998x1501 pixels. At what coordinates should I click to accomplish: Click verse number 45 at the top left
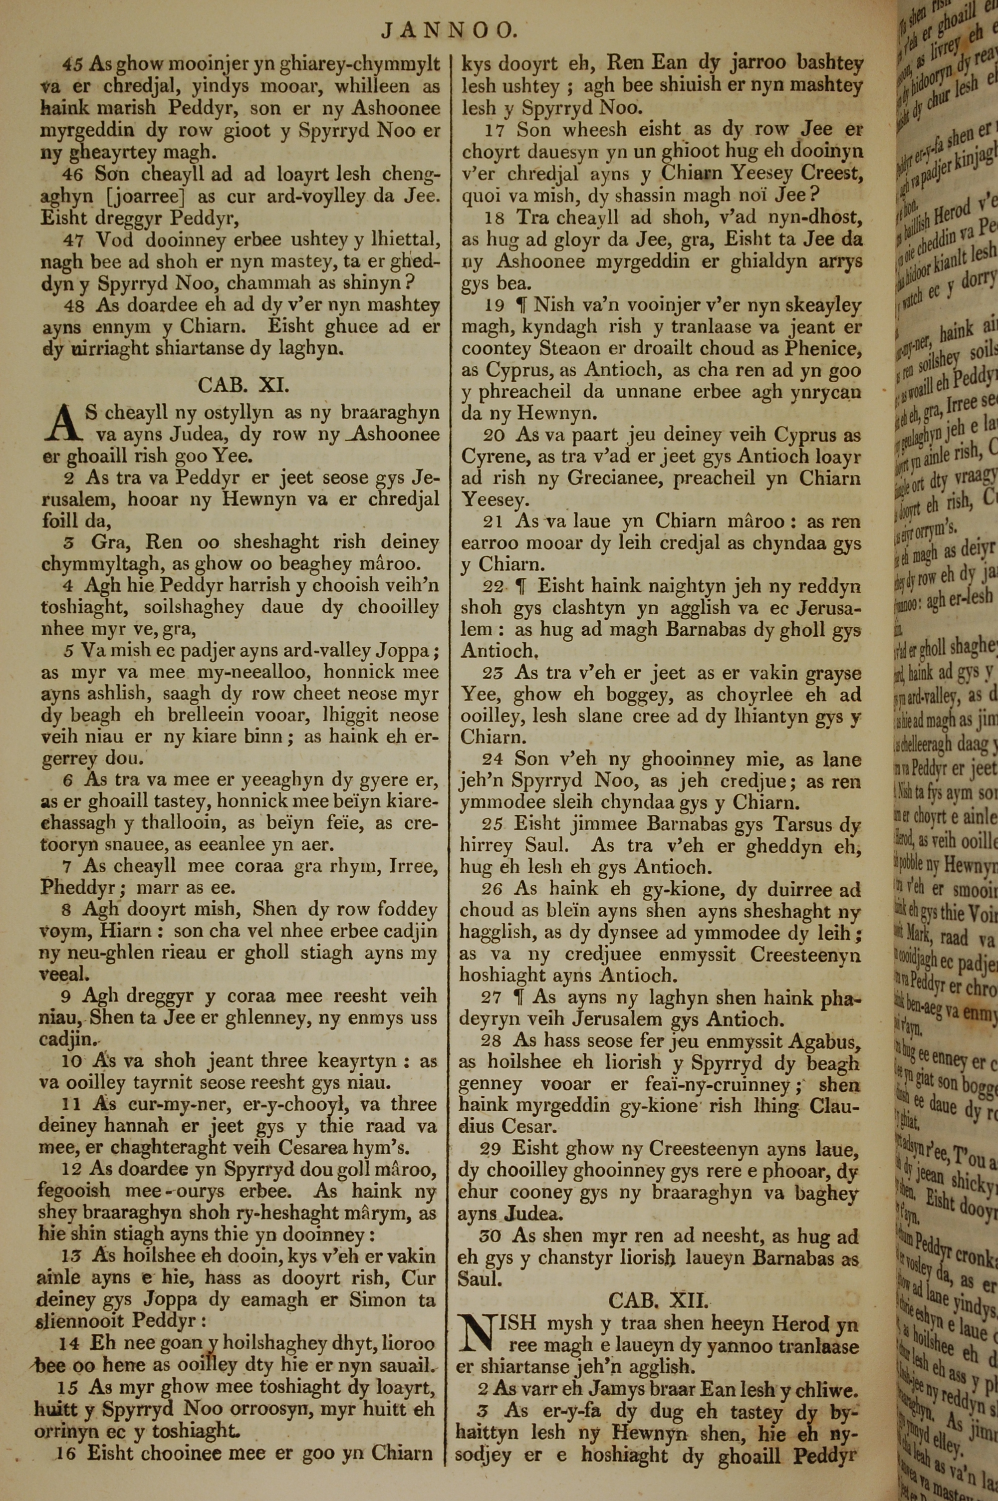pos(73,64)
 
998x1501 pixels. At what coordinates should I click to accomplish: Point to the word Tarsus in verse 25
pos(789,825)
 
